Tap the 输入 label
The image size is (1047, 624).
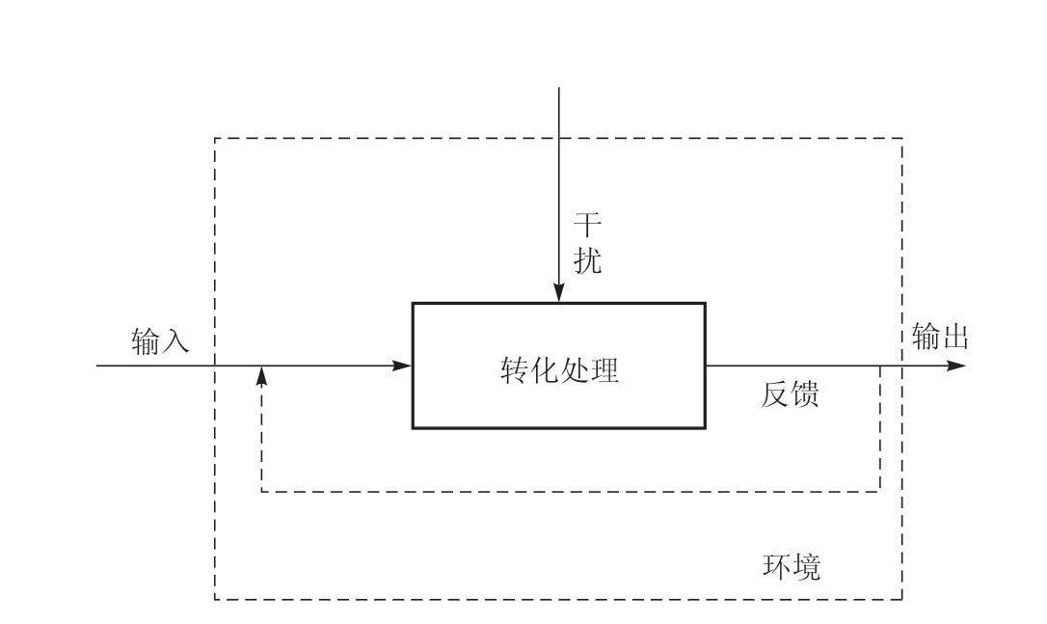[160, 339]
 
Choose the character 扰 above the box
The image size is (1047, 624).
[587, 261]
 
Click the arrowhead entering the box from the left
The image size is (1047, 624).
[404, 366]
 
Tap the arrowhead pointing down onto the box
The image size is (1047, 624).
[559, 294]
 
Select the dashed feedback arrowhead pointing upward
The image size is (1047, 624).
[262, 376]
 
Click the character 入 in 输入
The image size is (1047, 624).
[175, 339]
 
